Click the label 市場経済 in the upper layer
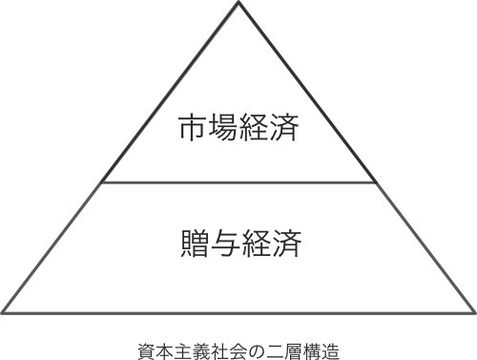pyautogui.click(x=238, y=128)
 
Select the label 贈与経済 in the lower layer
pyautogui.click(x=238, y=243)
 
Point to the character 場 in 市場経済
pyautogui.click(x=223, y=128)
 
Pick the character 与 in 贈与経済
pyautogui.click(x=223, y=243)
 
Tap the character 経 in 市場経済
pyautogui.click(x=254, y=128)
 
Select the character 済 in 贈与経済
pyautogui.click(x=285, y=243)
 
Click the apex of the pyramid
pyautogui.click(x=238, y=4)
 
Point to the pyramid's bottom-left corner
pyautogui.click(x=4, y=311)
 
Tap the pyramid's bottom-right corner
pyautogui.click(x=473, y=311)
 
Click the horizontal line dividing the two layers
pyautogui.click(x=238, y=182)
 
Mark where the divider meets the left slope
pyautogui.click(x=102, y=182)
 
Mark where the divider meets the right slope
pyautogui.click(x=375, y=182)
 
